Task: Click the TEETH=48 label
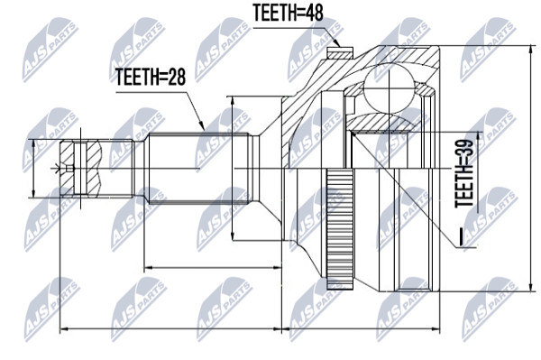289,13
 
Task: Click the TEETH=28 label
151,77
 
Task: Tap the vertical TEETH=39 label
464,173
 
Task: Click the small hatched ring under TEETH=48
340,53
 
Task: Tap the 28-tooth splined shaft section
198,169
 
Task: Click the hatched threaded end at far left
80,169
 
